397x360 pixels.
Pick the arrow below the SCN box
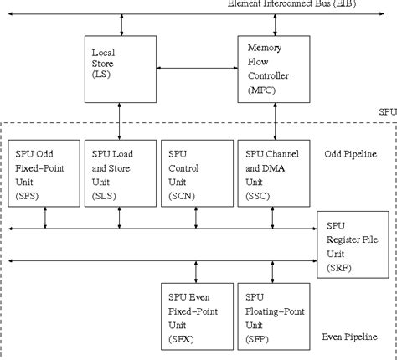coord(196,216)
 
